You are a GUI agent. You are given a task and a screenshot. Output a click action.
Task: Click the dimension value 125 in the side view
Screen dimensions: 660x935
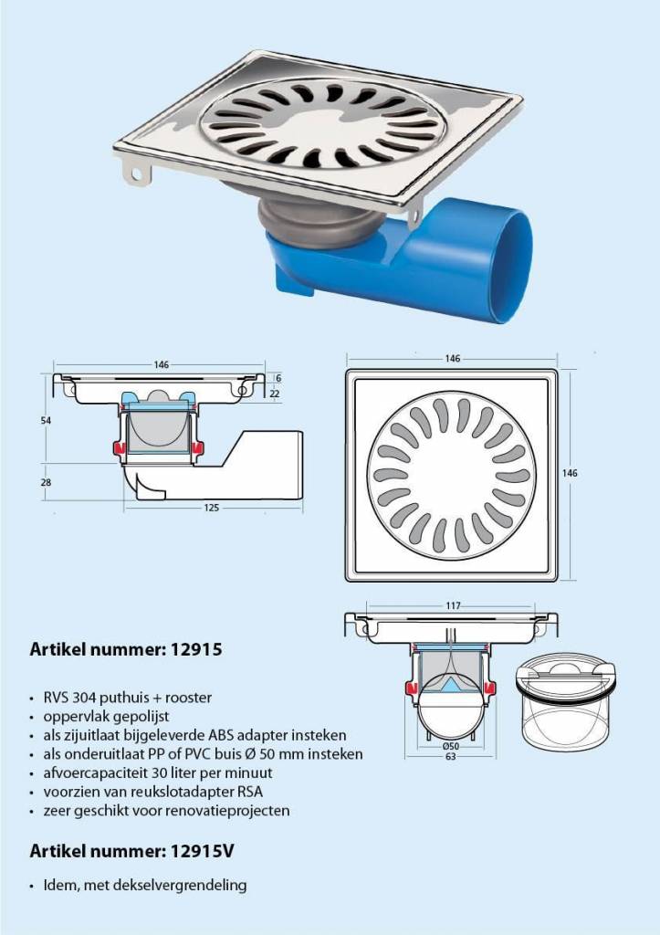pyautogui.click(x=211, y=508)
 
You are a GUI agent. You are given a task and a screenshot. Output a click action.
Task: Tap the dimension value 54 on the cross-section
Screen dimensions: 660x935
pyautogui.click(x=46, y=420)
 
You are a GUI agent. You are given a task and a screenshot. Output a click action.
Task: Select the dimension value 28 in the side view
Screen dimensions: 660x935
pyautogui.click(x=46, y=482)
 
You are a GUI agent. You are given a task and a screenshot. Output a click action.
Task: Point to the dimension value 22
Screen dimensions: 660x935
pyautogui.click(x=275, y=394)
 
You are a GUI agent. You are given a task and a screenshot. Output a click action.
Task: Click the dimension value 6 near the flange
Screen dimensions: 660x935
pyautogui.click(x=278, y=378)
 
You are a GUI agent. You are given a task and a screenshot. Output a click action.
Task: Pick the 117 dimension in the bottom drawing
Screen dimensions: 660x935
pyautogui.click(x=453, y=606)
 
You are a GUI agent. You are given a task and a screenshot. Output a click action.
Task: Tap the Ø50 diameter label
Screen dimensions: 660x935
pyautogui.click(x=451, y=747)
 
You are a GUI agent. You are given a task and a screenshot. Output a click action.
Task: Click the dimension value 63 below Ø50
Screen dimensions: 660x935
pyautogui.click(x=451, y=757)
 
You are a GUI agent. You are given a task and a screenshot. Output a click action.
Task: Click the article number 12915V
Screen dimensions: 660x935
pyautogui.click(x=202, y=851)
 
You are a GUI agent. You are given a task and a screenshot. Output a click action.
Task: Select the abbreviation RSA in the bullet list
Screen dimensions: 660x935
pyautogui.click(x=250, y=792)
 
